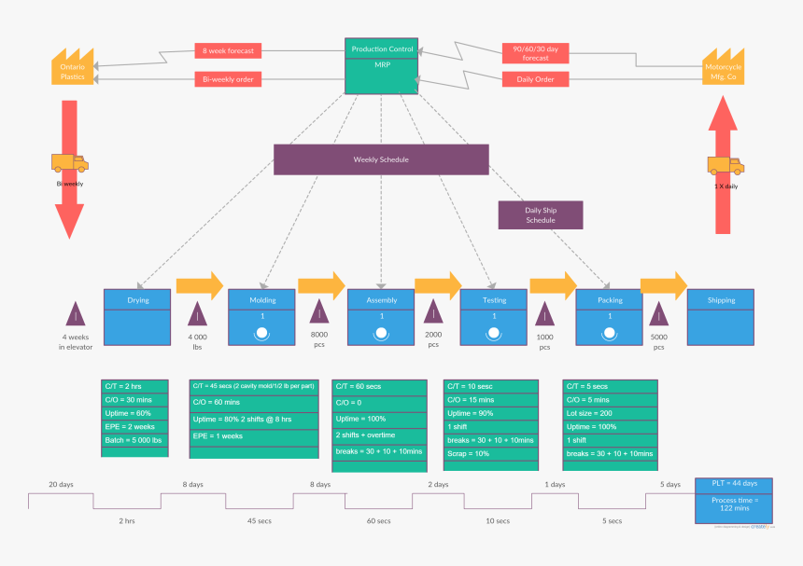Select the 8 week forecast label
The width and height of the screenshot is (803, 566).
point(229,50)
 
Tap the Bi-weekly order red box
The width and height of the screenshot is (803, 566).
point(229,79)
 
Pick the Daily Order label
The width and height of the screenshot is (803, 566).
point(535,79)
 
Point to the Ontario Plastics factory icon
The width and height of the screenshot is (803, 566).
point(72,68)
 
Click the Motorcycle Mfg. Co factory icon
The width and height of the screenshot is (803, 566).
point(723,68)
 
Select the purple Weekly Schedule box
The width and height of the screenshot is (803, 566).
point(381,159)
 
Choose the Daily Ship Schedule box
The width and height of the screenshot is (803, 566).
point(540,215)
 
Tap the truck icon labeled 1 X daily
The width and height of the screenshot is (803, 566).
point(725,165)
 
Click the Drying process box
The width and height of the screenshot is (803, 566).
point(138,317)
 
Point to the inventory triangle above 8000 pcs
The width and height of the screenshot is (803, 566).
point(319,311)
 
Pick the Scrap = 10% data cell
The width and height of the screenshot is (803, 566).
point(490,453)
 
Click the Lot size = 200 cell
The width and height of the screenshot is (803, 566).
point(611,413)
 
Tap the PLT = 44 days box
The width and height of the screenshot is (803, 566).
point(733,484)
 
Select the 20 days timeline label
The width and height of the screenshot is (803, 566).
point(61,485)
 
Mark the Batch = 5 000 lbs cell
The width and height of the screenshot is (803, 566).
point(134,439)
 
